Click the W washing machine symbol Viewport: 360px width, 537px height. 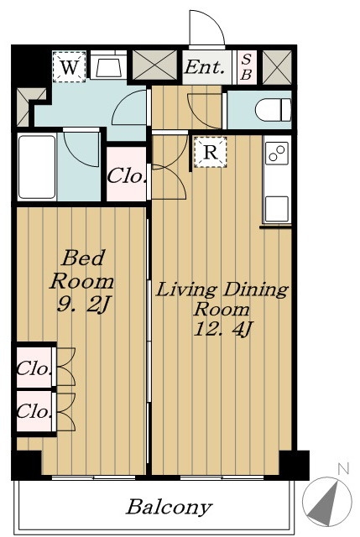pyautogui.click(x=69, y=67)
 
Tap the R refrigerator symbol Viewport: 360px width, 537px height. pyautogui.click(x=211, y=152)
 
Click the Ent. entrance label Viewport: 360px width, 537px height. pyautogui.click(x=205, y=67)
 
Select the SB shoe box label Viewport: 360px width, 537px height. pyautogui.click(x=246, y=67)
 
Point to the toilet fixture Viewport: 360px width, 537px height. pyautogui.click(x=273, y=110)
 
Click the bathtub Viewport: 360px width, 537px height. pyautogui.click(x=37, y=167)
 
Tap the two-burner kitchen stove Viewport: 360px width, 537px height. pyautogui.click(x=276, y=153)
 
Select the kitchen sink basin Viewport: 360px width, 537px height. pyautogui.click(x=276, y=209)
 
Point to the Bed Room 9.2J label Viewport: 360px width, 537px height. pyautogui.click(x=81, y=281)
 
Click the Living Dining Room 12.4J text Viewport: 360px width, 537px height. pyautogui.click(x=222, y=310)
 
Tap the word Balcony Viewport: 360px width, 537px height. pyautogui.click(x=170, y=508)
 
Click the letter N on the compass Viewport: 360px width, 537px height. pyautogui.click(x=343, y=468)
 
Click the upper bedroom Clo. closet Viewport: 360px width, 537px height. pyautogui.click(x=34, y=368)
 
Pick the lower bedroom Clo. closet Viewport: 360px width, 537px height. pyautogui.click(x=34, y=411)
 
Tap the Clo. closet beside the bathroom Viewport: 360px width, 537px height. pyautogui.click(x=126, y=175)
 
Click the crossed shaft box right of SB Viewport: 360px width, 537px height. pyautogui.click(x=277, y=67)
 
